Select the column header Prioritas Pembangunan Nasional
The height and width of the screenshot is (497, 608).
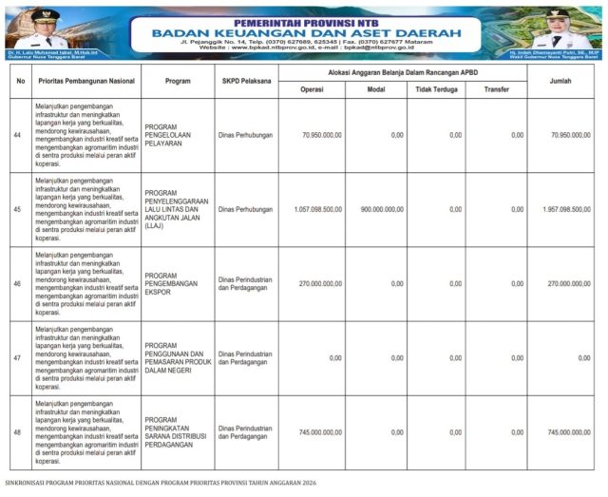pyautogui.click(x=85, y=81)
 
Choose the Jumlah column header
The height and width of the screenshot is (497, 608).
pyautogui.click(x=567, y=81)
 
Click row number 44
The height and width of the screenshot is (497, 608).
pyautogui.click(x=18, y=135)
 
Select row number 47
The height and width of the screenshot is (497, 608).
pyautogui.click(x=18, y=358)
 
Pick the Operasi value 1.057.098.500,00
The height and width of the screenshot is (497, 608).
pyautogui.click(x=318, y=209)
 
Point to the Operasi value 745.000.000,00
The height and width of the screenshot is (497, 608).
pyautogui.click(x=318, y=432)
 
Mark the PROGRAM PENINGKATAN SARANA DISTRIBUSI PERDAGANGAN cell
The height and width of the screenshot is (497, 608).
pyautogui.click(x=178, y=432)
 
